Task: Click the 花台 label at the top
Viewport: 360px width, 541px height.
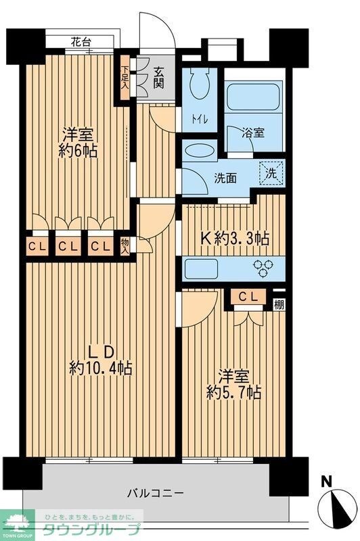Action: click(81, 42)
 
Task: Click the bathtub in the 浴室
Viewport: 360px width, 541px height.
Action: click(254, 98)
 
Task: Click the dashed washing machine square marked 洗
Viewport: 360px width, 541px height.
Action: click(271, 172)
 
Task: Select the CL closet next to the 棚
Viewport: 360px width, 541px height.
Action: click(248, 296)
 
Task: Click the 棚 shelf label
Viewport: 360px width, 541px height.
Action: click(279, 304)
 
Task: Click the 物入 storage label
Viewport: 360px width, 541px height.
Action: click(125, 244)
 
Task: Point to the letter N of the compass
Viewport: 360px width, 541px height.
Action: click(327, 481)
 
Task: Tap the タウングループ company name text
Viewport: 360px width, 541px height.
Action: click(92, 530)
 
